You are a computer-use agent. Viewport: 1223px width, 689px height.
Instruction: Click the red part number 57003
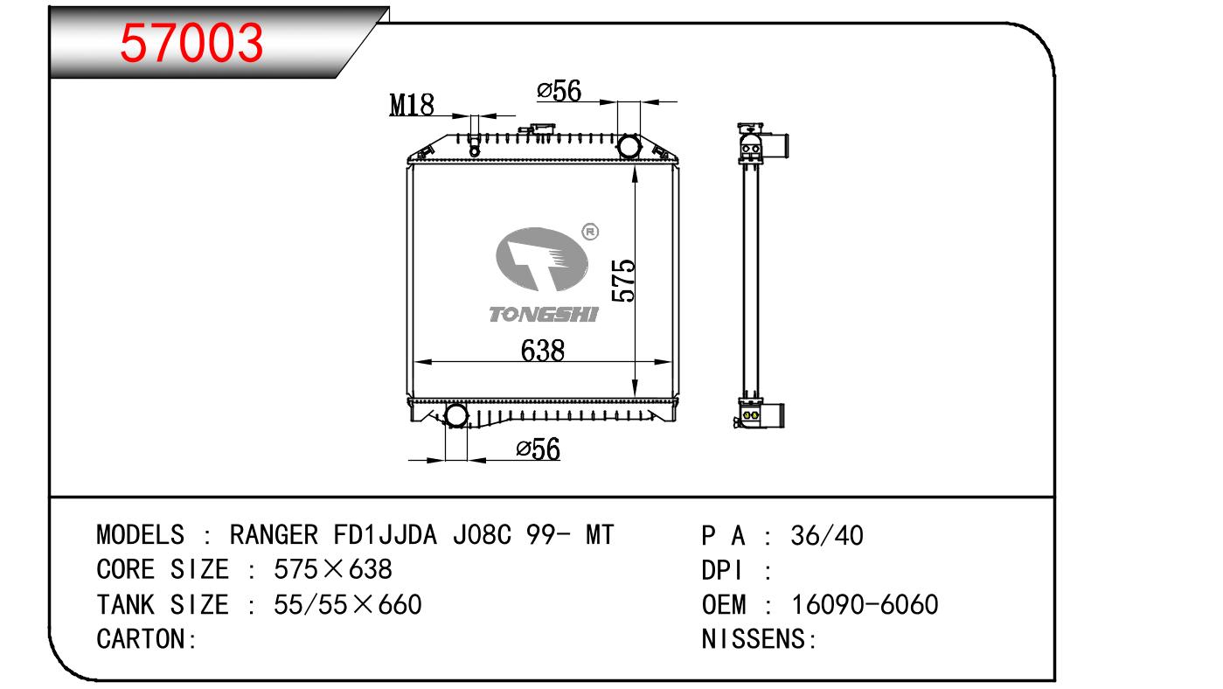[x=191, y=43]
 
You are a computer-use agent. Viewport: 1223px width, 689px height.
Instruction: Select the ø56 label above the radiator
[x=559, y=91]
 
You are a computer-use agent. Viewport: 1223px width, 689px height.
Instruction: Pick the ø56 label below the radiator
[x=539, y=449]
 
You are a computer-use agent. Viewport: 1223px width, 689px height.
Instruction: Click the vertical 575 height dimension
[x=623, y=281]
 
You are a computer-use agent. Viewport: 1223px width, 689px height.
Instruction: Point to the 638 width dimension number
[x=542, y=350]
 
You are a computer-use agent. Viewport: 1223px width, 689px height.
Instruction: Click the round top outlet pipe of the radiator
[x=629, y=146]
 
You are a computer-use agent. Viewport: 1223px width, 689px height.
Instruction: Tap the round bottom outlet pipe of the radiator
[x=456, y=415]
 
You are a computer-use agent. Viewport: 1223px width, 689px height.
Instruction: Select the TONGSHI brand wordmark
[x=543, y=314]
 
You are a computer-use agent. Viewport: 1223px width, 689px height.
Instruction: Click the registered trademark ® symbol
[x=590, y=232]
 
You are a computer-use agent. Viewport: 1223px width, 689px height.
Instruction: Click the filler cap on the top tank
[x=537, y=129]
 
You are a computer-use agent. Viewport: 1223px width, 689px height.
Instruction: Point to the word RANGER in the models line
[x=274, y=534]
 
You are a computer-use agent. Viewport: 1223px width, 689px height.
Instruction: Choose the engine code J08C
[x=482, y=534]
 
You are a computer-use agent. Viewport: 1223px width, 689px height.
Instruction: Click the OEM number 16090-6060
[x=865, y=604]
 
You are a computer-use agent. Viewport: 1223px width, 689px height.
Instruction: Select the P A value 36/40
[x=827, y=535]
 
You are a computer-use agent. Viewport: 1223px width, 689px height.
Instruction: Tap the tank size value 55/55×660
[x=348, y=604]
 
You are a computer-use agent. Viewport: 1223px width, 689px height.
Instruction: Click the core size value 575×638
[x=333, y=569]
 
